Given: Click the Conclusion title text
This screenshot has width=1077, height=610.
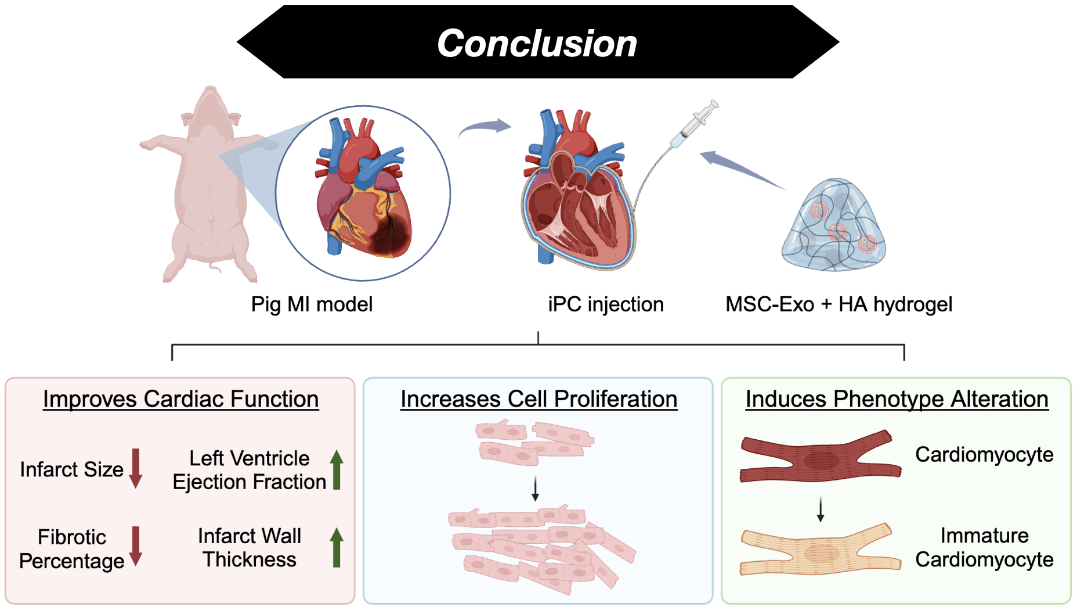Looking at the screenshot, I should pyautogui.click(x=537, y=44).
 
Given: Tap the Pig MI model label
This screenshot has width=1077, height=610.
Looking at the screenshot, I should pyautogui.click(x=312, y=304).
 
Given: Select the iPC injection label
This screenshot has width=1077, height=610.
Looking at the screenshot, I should pyautogui.click(x=605, y=304).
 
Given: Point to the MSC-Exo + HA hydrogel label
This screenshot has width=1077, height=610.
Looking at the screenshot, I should pyautogui.click(x=839, y=304).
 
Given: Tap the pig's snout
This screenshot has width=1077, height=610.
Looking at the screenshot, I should pyautogui.click(x=209, y=93).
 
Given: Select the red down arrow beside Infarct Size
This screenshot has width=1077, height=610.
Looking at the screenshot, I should pyautogui.click(x=136, y=468).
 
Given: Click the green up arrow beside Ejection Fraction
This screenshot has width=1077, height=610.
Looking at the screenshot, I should pyautogui.click(x=337, y=469).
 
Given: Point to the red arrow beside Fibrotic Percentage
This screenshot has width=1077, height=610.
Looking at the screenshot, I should pyautogui.click(x=136, y=546).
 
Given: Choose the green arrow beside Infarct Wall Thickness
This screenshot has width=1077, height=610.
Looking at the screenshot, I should pyautogui.click(x=337, y=547).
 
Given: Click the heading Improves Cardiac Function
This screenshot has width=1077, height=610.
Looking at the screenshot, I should pyautogui.click(x=180, y=399).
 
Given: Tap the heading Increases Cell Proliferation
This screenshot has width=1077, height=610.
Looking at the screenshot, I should pyautogui.click(x=538, y=399).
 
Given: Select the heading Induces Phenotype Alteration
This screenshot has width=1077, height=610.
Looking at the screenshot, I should pyautogui.click(x=897, y=399).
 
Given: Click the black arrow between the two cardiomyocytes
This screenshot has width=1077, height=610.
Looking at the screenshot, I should pyautogui.click(x=820, y=509).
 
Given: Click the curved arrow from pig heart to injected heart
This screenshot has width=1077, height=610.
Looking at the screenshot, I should pyautogui.click(x=485, y=127).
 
